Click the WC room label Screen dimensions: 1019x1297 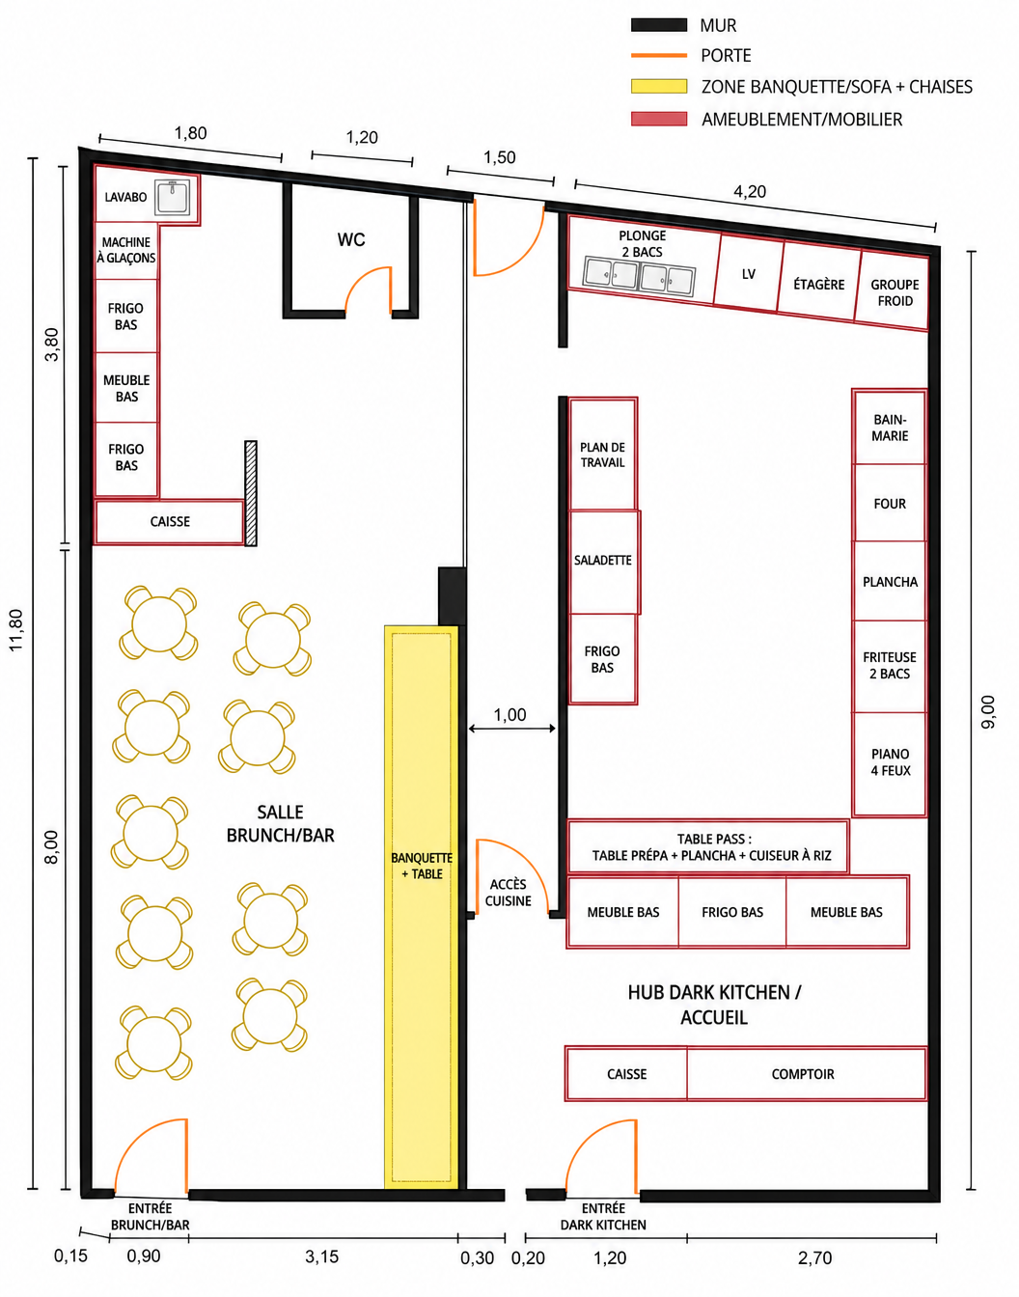click(351, 240)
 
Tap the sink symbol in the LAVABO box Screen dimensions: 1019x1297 click(173, 197)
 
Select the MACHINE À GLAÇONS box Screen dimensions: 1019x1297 click(125, 251)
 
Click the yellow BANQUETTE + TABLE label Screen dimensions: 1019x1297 click(421, 866)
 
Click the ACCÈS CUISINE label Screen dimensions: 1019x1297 click(508, 893)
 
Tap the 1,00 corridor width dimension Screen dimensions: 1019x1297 click(510, 715)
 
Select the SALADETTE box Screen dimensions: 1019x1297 click(604, 562)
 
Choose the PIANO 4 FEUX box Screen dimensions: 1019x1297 click(890, 763)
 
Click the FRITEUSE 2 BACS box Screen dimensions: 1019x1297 click(890, 666)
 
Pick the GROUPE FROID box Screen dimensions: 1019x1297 click(893, 291)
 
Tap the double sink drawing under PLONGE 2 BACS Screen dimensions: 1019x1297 click(639, 277)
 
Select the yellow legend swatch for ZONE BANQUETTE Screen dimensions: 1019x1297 click(659, 87)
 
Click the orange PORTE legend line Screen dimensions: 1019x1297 click(659, 56)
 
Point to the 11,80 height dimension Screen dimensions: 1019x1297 click(16, 630)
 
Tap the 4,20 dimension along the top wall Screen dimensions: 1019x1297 click(750, 192)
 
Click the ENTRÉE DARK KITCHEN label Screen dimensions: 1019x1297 click(603, 1217)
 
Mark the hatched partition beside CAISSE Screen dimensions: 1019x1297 click(251, 493)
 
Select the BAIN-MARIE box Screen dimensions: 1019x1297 click(890, 428)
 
